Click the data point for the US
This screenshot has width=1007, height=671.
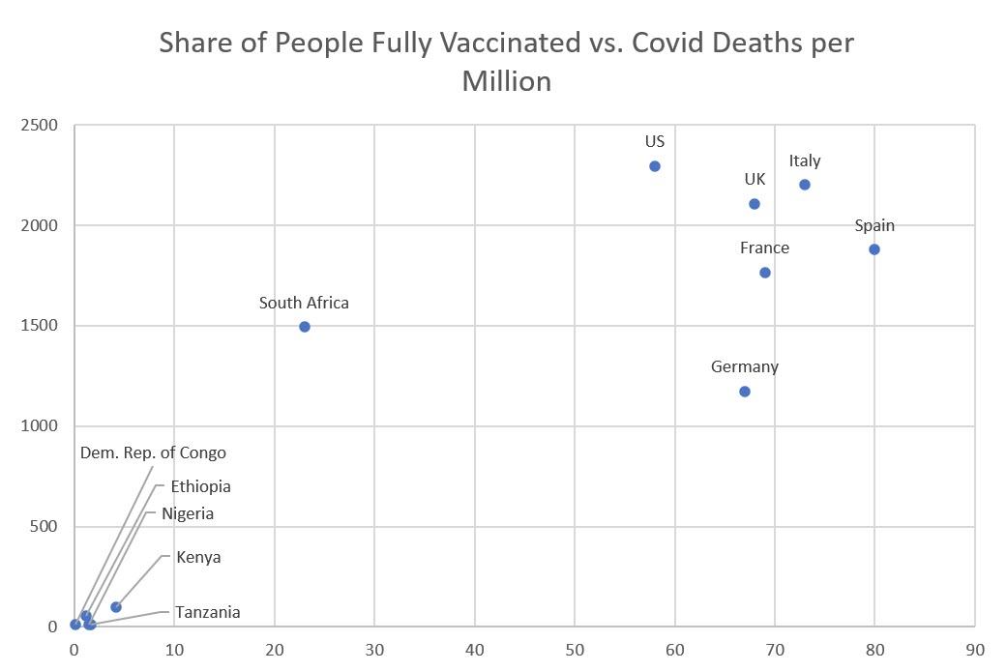pos(655,166)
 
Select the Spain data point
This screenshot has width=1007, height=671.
pos(874,249)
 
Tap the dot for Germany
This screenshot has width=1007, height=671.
pos(745,392)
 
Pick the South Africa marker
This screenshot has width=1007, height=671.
pos(305,327)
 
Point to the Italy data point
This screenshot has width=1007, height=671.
pos(805,185)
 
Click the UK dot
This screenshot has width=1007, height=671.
pos(755,204)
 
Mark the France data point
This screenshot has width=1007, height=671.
pos(765,273)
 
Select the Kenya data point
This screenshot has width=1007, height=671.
pos(116,607)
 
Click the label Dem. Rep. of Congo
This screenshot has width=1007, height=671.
pos(153,452)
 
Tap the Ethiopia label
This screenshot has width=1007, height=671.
pos(200,486)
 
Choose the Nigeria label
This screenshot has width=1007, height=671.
pos(188,513)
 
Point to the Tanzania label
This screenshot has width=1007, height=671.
pos(207,612)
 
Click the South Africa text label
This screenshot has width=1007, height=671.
pos(304,303)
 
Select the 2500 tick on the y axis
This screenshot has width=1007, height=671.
pos(40,126)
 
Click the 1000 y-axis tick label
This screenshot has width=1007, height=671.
pos(40,426)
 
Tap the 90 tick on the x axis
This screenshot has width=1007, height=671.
pos(975,650)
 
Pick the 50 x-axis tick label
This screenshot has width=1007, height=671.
pos(575,650)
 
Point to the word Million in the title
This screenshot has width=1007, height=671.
pos(506,81)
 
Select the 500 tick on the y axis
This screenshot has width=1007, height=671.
pos(44,527)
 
